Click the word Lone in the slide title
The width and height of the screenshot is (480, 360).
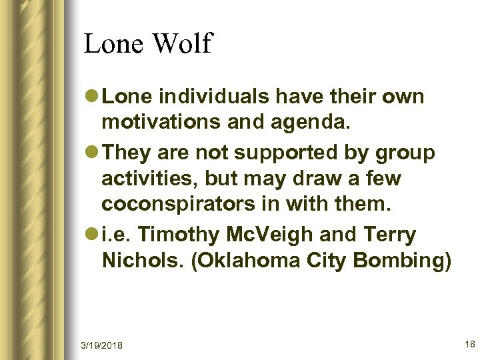point(113,44)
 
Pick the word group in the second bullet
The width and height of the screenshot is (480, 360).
point(407,153)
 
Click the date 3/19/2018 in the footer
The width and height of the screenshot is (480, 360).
point(102,345)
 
